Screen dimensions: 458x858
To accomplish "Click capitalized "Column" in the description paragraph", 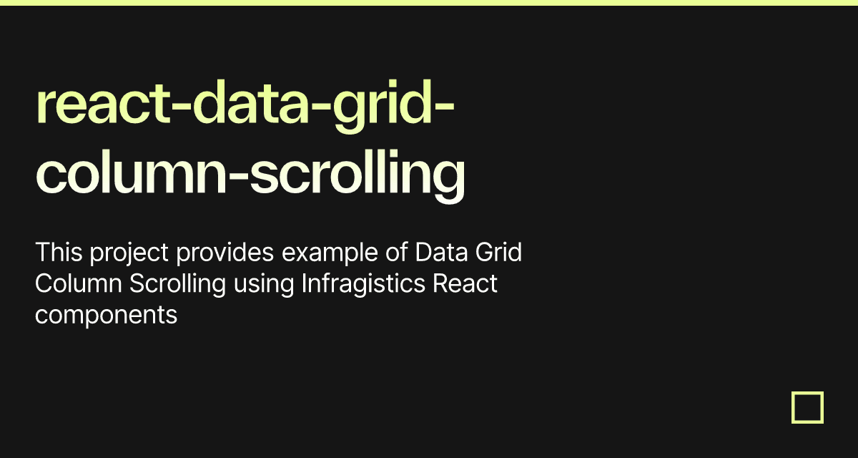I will click(79, 283).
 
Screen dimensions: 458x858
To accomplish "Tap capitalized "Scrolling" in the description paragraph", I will click(178, 285).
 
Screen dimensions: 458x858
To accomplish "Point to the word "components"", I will click(106, 316).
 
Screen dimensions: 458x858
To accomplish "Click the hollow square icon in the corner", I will click(807, 407).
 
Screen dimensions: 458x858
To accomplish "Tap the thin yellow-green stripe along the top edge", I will click(429, 3).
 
